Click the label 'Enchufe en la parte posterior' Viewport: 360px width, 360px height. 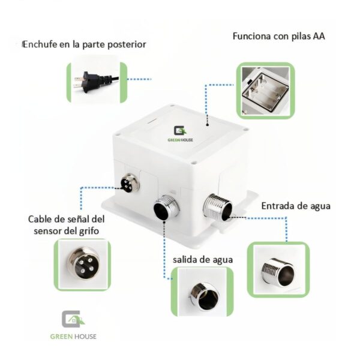click(x=84, y=44)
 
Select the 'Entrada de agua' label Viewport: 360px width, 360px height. click(x=296, y=206)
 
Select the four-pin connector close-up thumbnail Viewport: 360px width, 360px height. click(x=82, y=263)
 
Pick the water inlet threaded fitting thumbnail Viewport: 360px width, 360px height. click(x=278, y=269)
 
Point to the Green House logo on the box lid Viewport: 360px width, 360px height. click(x=179, y=133)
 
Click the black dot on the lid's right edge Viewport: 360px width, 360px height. click(x=207, y=125)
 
